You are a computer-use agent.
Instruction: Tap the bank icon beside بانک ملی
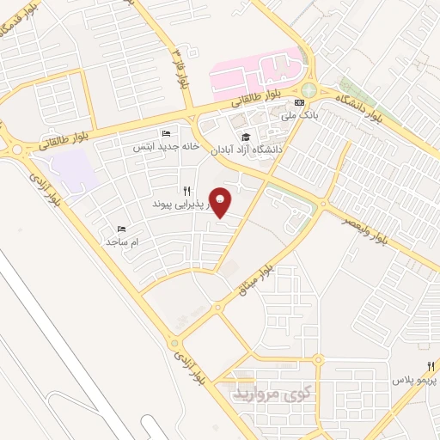pyautogui.click(x=298, y=103)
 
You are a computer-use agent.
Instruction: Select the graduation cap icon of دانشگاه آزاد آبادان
pyautogui.click(x=245, y=137)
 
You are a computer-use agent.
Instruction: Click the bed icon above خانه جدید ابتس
pyautogui.click(x=166, y=134)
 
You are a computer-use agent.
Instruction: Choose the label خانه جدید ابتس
pyautogui.click(x=166, y=146)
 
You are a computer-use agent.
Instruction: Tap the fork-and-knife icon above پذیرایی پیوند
pyautogui.click(x=185, y=191)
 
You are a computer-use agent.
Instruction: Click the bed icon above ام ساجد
pyautogui.click(x=121, y=229)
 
